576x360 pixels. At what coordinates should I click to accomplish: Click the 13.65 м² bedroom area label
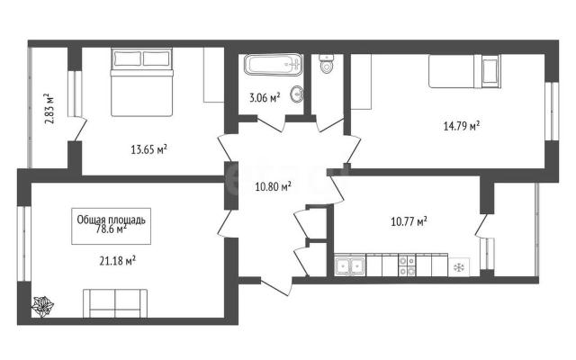coord(149,149)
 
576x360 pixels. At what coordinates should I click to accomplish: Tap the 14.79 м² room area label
coord(462,126)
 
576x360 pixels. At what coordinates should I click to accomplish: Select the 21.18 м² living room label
coord(118,261)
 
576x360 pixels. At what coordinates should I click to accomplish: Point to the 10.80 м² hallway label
coord(274,186)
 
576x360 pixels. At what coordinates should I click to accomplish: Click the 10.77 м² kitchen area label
coord(409,221)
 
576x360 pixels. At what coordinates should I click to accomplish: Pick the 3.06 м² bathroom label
coord(265,98)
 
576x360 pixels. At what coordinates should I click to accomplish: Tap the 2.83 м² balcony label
coord(49,108)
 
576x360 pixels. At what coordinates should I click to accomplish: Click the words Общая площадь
coord(111,220)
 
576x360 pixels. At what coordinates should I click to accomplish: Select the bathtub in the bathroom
coord(274,65)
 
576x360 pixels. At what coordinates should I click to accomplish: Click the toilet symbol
coord(326,63)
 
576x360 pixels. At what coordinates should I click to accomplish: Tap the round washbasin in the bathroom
coord(297,94)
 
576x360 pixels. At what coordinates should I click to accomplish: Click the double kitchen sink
coord(350,265)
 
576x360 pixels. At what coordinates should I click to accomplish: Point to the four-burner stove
coord(408,265)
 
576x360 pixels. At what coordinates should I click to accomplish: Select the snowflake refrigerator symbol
coord(459,267)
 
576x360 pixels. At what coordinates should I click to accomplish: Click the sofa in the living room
coord(115,303)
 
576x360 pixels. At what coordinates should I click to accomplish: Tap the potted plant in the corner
coord(42,306)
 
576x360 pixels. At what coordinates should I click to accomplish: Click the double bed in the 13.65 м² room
coord(142,82)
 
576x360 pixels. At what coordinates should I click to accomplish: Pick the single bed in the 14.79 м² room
coord(464,71)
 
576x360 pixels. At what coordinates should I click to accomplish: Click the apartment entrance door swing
coord(277,287)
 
